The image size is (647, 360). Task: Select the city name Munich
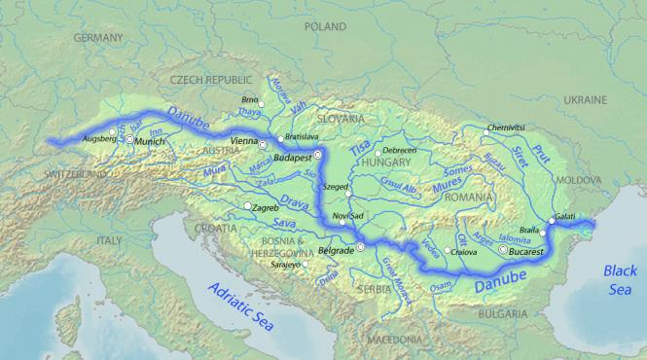click(x=151, y=141)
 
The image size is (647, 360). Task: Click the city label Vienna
click(x=242, y=142)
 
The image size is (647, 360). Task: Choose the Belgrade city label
click(x=336, y=249)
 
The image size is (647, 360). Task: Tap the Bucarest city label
click(x=521, y=251)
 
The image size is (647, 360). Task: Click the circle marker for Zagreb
click(x=247, y=206)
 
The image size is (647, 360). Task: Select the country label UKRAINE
click(x=585, y=99)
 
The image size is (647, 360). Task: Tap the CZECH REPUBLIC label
click(x=211, y=79)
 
